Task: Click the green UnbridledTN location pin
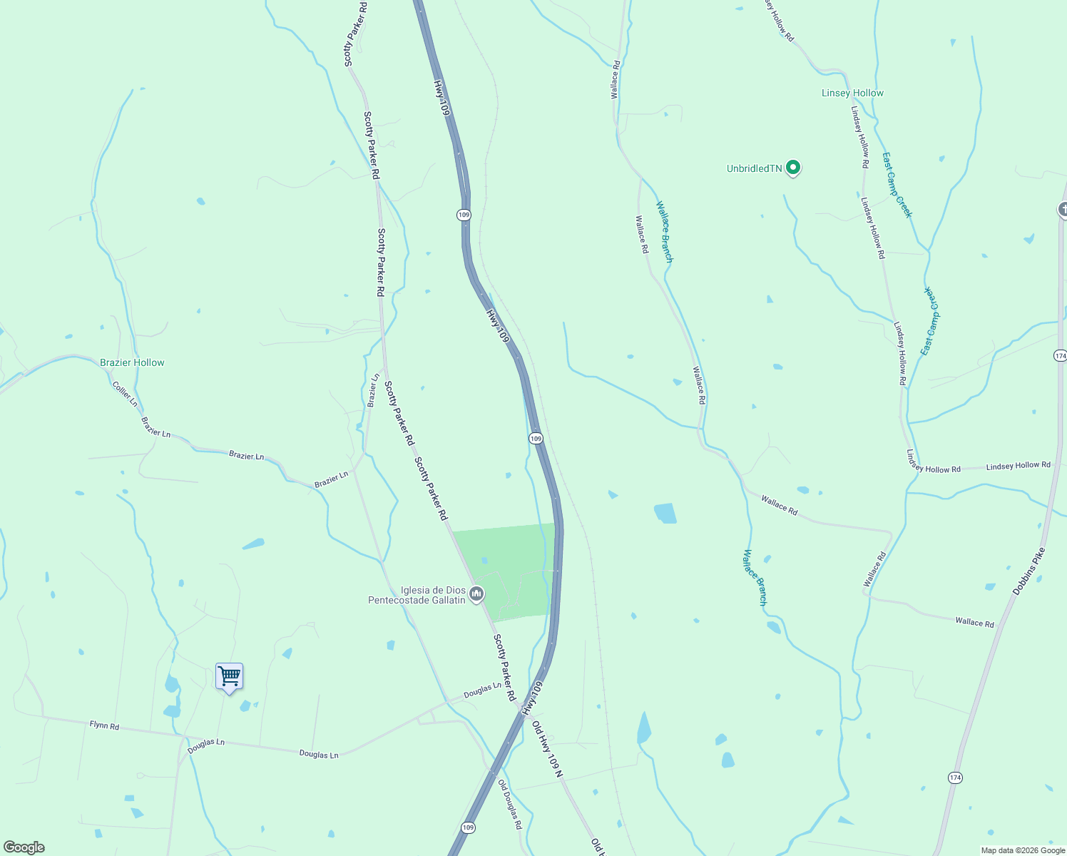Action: coord(793,168)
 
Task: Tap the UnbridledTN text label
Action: coord(754,169)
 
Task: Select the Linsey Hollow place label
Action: coord(852,93)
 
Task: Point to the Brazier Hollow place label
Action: coord(132,362)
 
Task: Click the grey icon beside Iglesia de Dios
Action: coord(476,593)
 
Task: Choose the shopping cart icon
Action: coord(229,676)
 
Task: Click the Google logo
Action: coord(24,847)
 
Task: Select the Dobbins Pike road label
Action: coord(1028,571)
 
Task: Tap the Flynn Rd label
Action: coord(104,725)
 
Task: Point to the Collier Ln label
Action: coord(125,394)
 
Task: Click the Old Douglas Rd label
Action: coord(510,805)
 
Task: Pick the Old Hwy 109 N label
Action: coord(547,749)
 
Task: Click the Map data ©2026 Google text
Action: coord(1023,850)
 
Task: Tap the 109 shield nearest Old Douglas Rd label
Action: coord(467,827)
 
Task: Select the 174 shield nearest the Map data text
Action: coord(955,777)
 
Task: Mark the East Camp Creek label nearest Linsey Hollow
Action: coord(897,185)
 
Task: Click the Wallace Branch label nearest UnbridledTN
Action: coord(664,231)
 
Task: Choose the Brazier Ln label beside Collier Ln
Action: coord(155,427)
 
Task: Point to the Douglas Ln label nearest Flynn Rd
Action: coord(206,746)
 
